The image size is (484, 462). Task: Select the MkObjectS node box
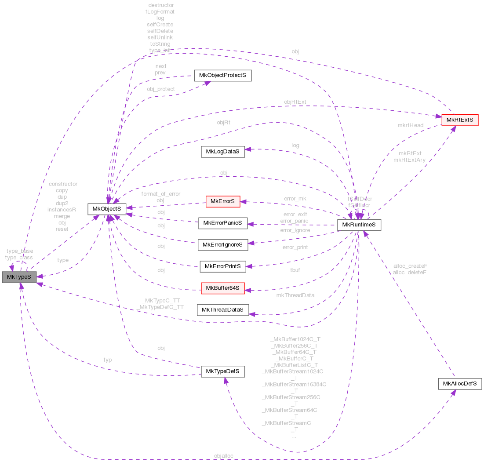(107, 209)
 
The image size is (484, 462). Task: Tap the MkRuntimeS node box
(359, 225)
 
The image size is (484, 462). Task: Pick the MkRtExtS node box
(460, 120)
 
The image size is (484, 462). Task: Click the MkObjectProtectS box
(222, 75)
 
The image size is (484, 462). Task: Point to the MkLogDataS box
(222, 152)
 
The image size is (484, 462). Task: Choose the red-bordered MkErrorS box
(223, 201)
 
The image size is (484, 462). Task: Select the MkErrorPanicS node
(223, 223)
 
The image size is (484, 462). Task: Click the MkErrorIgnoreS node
(223, 245)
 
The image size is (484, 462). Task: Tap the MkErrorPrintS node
(223, 266)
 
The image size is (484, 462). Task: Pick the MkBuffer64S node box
(222, 288)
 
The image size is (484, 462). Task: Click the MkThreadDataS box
(222, 310)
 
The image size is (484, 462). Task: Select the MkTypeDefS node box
(222, 371)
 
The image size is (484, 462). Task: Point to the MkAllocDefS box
(460, 384)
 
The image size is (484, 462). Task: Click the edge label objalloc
(224, 456)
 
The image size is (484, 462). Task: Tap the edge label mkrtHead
(410, 125)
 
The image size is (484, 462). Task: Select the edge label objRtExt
(295, 102)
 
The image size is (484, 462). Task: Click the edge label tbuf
(295, 270)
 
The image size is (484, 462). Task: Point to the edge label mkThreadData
(295, 295)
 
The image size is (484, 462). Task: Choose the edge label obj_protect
(160, 89)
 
